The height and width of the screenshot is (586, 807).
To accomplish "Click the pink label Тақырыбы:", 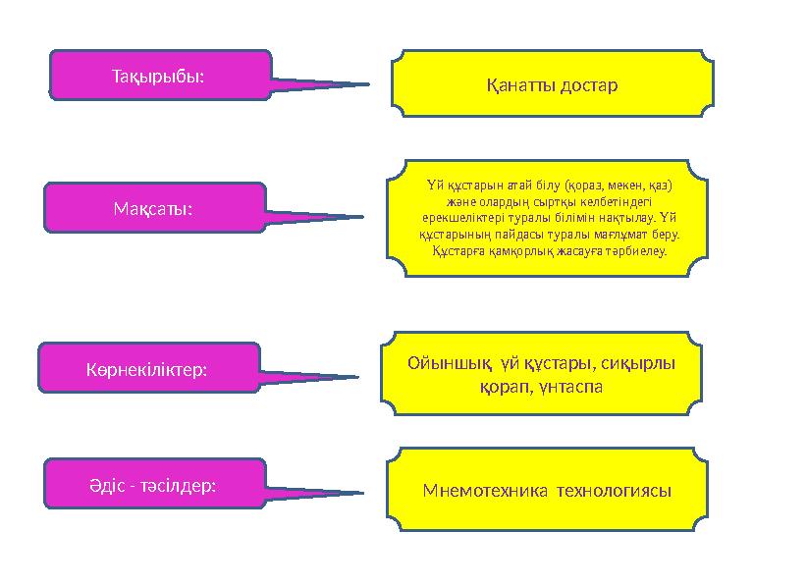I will tap(158, 74).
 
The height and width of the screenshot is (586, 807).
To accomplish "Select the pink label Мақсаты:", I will tap(156, 208).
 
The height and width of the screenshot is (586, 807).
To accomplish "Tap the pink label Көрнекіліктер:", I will tap(146, 369).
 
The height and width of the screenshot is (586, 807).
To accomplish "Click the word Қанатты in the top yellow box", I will tap(519, 84).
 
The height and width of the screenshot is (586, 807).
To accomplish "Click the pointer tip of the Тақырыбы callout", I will tap(368, 84).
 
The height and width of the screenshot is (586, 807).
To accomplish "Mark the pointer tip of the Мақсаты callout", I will tap(362, 217).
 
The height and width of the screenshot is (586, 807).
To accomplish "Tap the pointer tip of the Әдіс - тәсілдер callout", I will tap(362, 493).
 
